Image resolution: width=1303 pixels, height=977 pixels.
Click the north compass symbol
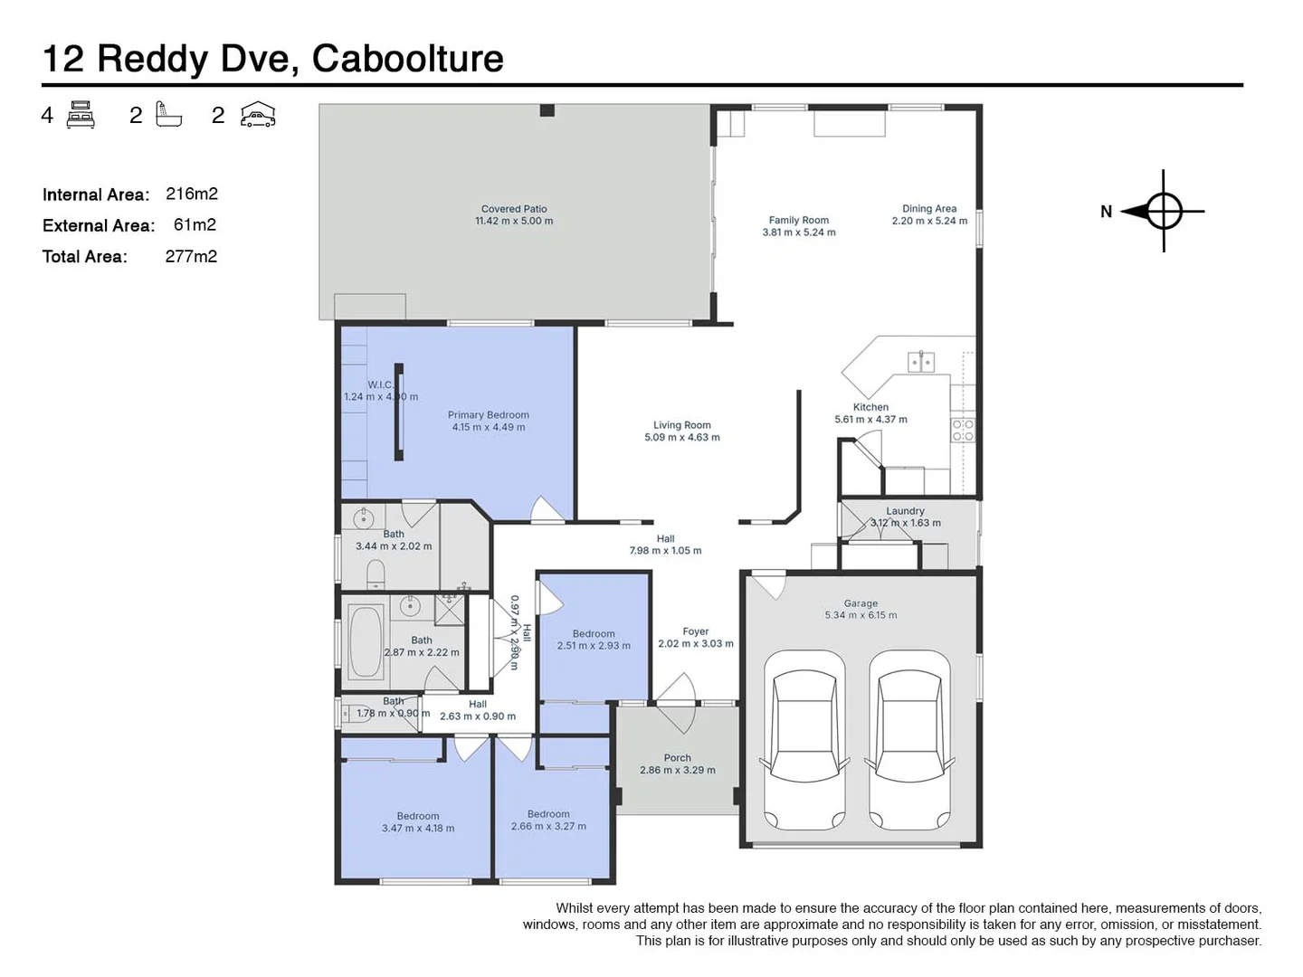(x=1164, y=212)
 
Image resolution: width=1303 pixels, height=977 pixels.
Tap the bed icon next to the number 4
(x=81, y=115)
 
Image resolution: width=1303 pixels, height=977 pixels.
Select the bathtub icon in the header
(x=169, y=115)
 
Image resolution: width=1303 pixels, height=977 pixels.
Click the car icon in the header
(x=258, y=115)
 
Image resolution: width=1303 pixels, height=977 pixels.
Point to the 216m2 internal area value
(x=192, y=194)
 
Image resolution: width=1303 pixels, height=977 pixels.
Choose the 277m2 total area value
(x=191, y=256)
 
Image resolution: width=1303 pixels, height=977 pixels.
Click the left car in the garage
(x=805, y=739)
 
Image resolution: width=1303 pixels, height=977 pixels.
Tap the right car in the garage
(x=909, y=739)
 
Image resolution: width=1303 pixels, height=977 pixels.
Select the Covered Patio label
(x=514, y=209)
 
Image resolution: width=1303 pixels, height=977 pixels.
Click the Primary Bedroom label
(x=489, y=415)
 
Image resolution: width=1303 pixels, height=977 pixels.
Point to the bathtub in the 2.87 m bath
(x=366, y=640)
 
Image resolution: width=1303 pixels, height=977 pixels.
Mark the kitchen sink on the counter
(x=921, y=363)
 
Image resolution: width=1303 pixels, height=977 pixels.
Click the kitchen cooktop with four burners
(x=963, y=430)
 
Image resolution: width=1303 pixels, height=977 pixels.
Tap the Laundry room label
(x=905, y=511)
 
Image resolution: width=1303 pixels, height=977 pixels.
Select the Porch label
(x=677, y=758)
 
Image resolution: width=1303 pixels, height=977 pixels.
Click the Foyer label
(x=696, y=631)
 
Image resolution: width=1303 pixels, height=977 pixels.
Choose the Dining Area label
(x=929, y=209)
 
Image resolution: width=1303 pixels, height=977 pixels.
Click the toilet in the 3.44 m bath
(x=376, y=574)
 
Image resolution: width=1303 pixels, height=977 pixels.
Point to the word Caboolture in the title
(x=408, y=59)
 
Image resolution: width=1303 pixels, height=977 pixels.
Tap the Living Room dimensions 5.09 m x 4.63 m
(x=682, y=438)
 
